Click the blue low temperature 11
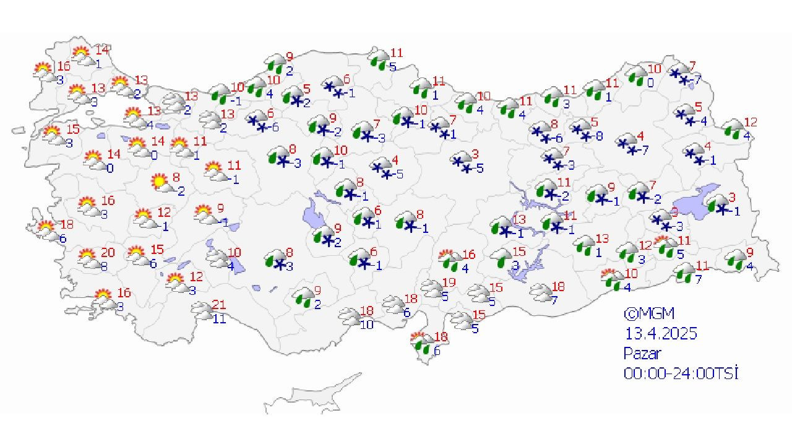tap(220, 320)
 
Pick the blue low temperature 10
tap(367, 325)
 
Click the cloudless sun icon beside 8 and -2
tap(160, 182)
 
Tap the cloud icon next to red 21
tap(202, 310)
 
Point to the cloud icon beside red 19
tap(431, 288)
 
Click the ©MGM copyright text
tap(648, 313)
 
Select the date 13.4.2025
tap(660, 333)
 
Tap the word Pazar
tap(642, 353)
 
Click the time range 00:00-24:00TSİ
tap(681, 373)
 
